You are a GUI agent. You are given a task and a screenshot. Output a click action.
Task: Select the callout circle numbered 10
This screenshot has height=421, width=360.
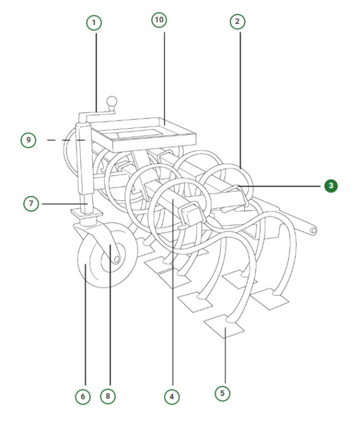[158, 20]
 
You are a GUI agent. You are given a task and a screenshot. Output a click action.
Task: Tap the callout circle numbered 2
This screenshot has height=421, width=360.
[237, 22]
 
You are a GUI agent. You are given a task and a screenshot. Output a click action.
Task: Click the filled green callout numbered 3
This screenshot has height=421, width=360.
[331, 185]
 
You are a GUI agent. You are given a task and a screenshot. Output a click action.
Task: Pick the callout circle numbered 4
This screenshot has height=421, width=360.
[171, 396]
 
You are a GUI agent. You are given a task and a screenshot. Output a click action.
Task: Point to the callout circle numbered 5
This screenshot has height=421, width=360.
[222, 393]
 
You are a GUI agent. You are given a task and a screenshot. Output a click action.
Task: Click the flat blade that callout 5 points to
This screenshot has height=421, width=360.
[224, 327]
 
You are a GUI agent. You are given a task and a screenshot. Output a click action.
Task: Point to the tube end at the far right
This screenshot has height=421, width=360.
[314, 231]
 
